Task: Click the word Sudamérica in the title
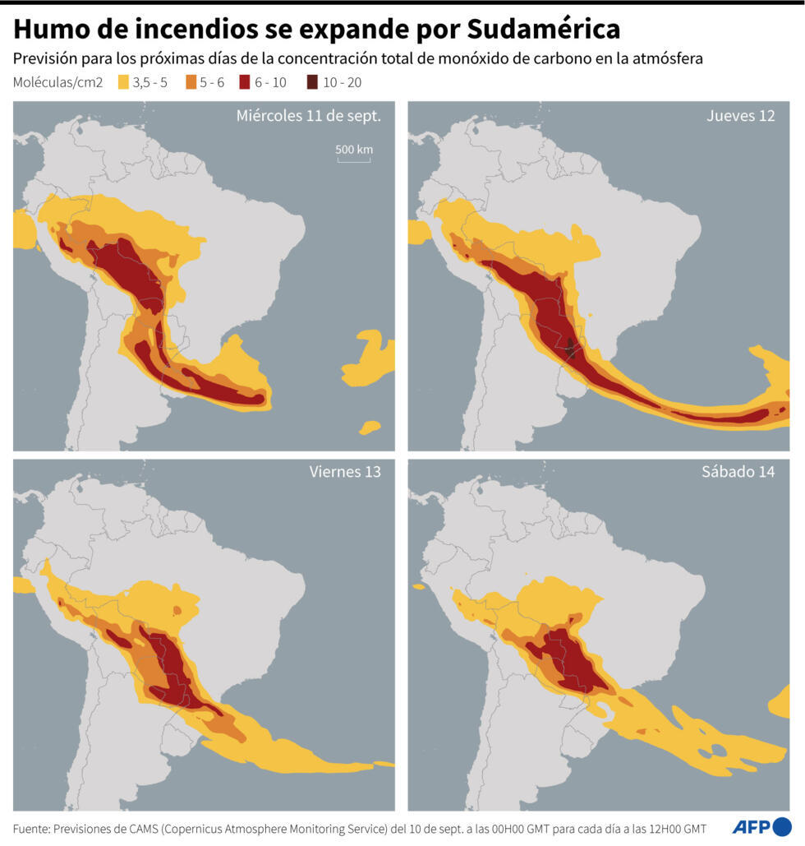[544, 30]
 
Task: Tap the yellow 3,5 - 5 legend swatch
[123, 82]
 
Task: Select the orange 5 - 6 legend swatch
[191, 82]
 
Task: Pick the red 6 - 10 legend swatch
[246, 82]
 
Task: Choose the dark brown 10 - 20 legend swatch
[312, 82]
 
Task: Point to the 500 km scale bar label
[354, 149]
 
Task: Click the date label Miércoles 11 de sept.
[308, 116]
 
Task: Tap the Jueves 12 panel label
[740, 116]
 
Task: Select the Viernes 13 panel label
[345, 472]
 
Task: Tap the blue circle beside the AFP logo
[783, 826]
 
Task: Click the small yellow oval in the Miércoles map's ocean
[370, 427]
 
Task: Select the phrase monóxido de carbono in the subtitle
[499, 59]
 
